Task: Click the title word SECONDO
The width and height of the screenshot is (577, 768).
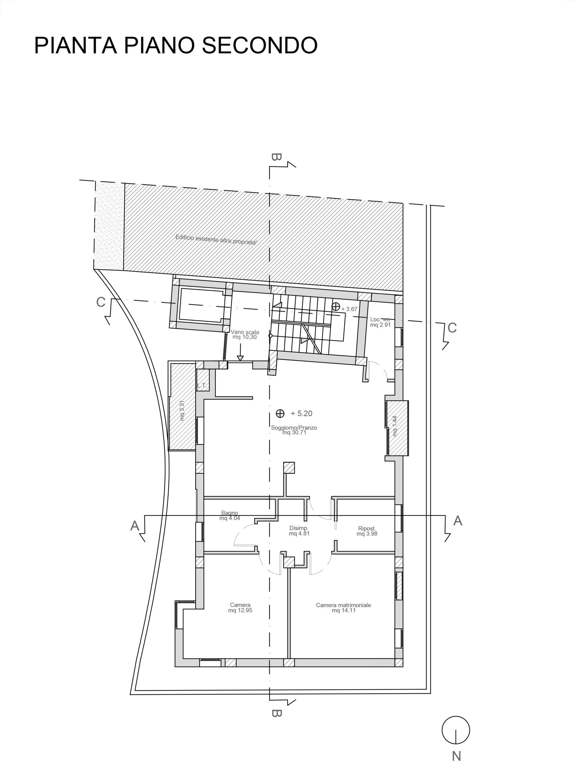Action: [260, 45]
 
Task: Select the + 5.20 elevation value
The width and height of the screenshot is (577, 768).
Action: [301, 413]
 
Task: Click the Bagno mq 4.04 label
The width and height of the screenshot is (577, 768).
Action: [230, 516]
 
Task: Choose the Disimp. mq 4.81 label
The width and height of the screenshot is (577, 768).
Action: [299, 531]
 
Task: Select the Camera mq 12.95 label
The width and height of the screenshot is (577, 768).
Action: [240, 608]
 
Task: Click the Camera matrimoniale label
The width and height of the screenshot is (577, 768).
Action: [343, 605]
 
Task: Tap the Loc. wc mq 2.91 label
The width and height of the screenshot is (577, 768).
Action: [380, 322]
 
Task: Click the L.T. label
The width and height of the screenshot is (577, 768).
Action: [202, 386]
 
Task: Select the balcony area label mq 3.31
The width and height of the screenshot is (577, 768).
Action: [182, 411]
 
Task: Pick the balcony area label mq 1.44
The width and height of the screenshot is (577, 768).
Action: [395, 426]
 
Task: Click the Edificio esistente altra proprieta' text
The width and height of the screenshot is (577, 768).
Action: [216, 240]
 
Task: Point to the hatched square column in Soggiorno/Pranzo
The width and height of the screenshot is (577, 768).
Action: [289, 468]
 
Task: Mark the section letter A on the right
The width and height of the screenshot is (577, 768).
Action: [458, 521]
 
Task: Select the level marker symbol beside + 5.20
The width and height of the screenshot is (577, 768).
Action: [280, 413]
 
